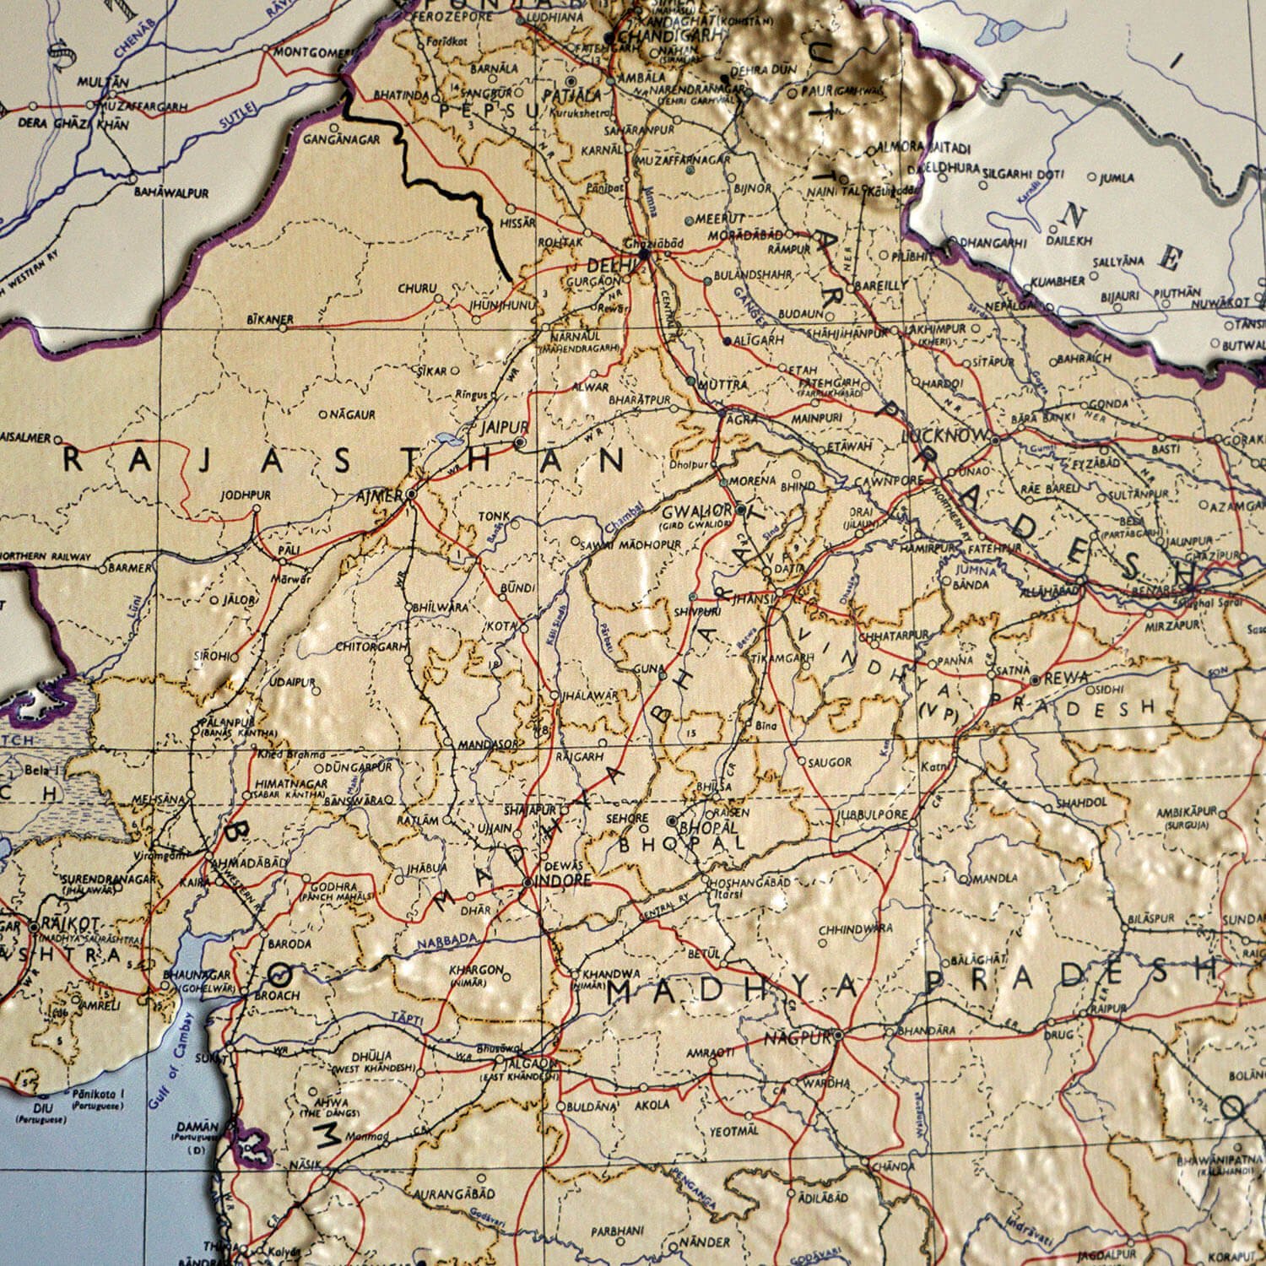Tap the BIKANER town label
270,320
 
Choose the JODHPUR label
246,495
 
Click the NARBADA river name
447,938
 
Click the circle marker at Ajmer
411,493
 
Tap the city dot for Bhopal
672,821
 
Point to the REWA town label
1067,678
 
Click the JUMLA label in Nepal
1117,178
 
